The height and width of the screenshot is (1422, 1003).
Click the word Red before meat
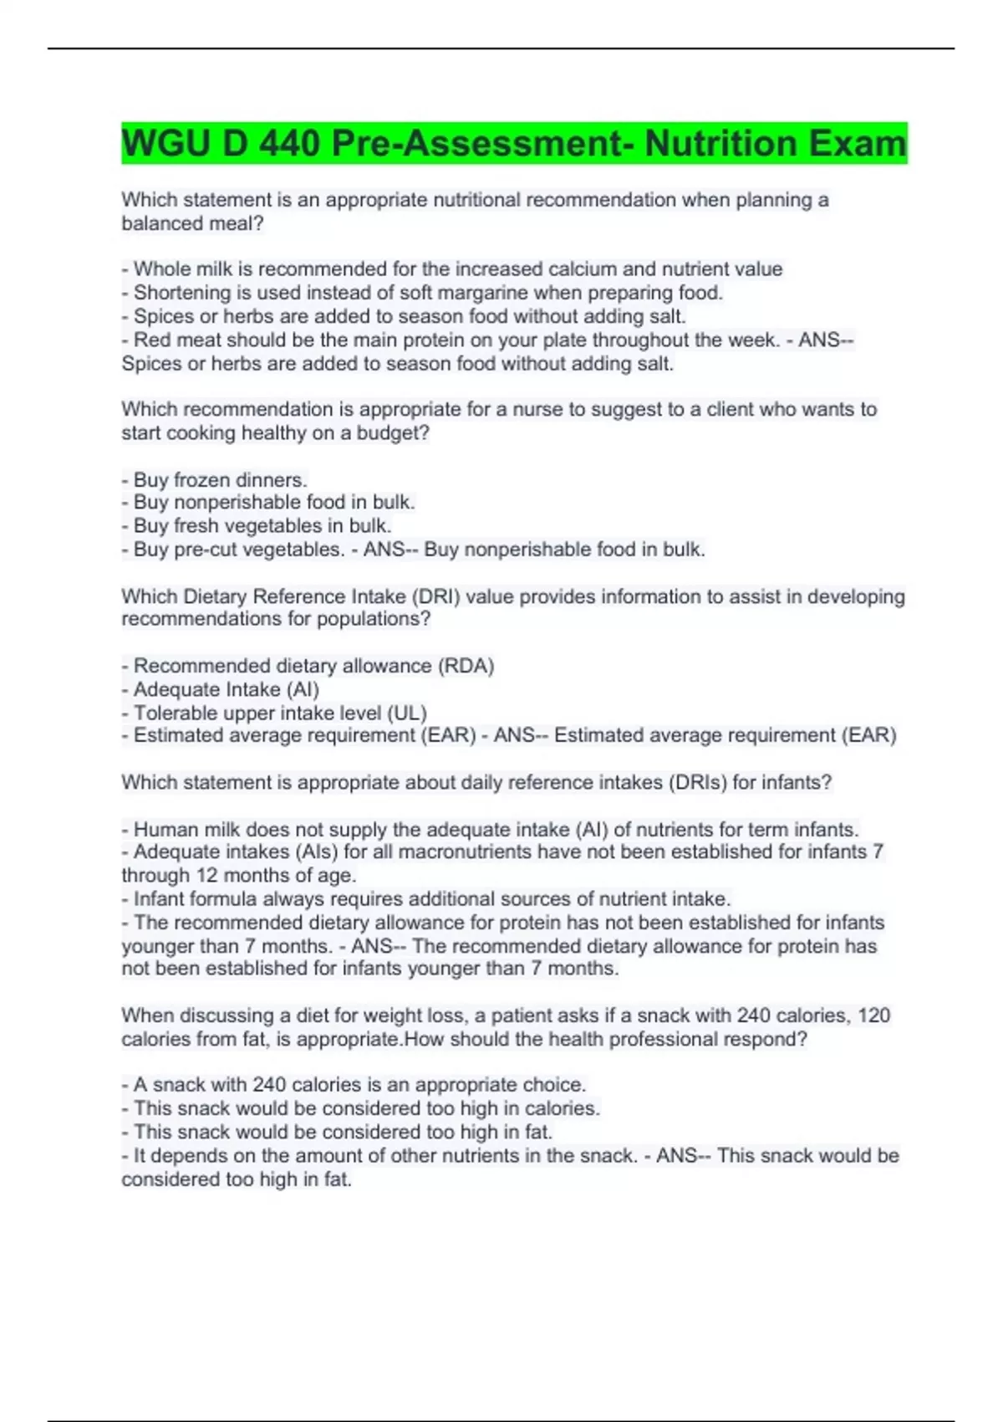click(x=152, y=340)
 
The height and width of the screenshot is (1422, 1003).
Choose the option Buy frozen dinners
click(x=220, y=480)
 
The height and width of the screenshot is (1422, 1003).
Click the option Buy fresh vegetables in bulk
click(x=262, y=526)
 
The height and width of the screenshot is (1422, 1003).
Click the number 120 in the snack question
click(x=873, y=1015)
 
